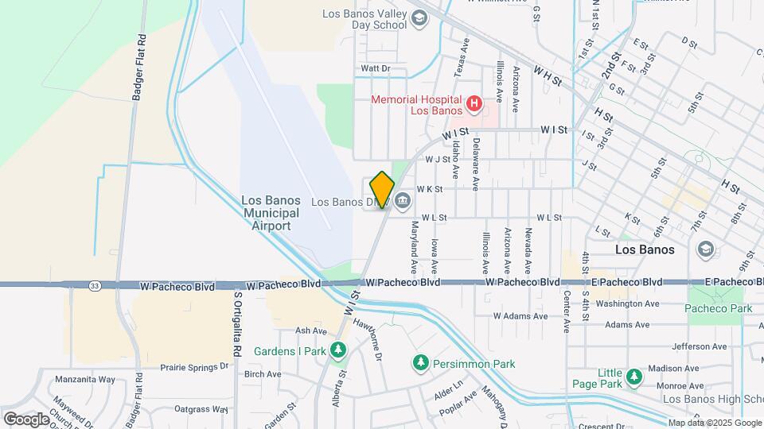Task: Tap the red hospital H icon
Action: pyautogui.click(x=474, y=103)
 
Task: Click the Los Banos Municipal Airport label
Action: pyautogui.click(x=271, y=213)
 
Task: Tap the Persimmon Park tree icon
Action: pyautogui.click(x=419, y=363)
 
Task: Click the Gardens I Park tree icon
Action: pyautogui.click(x=338, y=350)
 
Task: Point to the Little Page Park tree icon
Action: pyautogui.click(x=633, y=377)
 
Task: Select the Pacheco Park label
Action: pyautogui.click(x=714, y=307)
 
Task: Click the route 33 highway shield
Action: pyautogui.click(x=95, y=284)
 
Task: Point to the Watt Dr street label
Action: pyautogui.click(x=375, y=69)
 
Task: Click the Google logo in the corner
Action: pyautogui.click(x=26, y=419)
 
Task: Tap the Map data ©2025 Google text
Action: pyautogui.click(x=713, y=423)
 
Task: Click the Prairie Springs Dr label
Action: pyautogui.click(x=194, y=367)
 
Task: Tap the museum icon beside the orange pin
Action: pyautogui.click(x=403, y=199)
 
